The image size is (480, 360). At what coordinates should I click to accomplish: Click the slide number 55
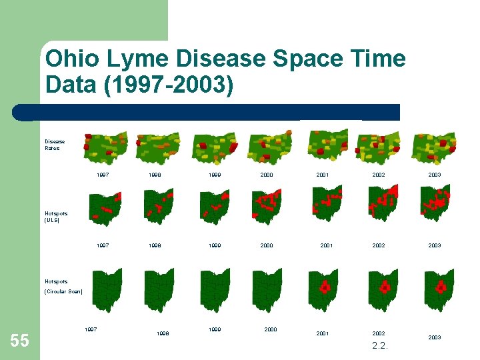point(20,341)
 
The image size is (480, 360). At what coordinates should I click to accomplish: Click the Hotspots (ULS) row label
point(56,217)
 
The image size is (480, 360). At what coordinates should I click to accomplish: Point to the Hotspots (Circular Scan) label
point(63,287)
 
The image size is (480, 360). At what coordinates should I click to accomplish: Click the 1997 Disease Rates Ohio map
point(105,147)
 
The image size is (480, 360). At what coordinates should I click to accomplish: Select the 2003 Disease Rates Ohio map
point(434,147)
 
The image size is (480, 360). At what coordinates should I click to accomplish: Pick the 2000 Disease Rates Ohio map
point(269,147)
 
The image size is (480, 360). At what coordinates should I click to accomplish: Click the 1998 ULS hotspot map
point(159,205)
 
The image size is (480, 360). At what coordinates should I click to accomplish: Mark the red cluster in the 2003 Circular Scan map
point(440,287)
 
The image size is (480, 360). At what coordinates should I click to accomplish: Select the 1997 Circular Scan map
point(107,289)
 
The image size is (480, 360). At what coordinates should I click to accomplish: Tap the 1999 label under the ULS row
point(215,245)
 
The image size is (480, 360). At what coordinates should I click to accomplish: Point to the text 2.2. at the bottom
point(380,346)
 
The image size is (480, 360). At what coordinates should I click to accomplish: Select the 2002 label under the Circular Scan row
point(379,333)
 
